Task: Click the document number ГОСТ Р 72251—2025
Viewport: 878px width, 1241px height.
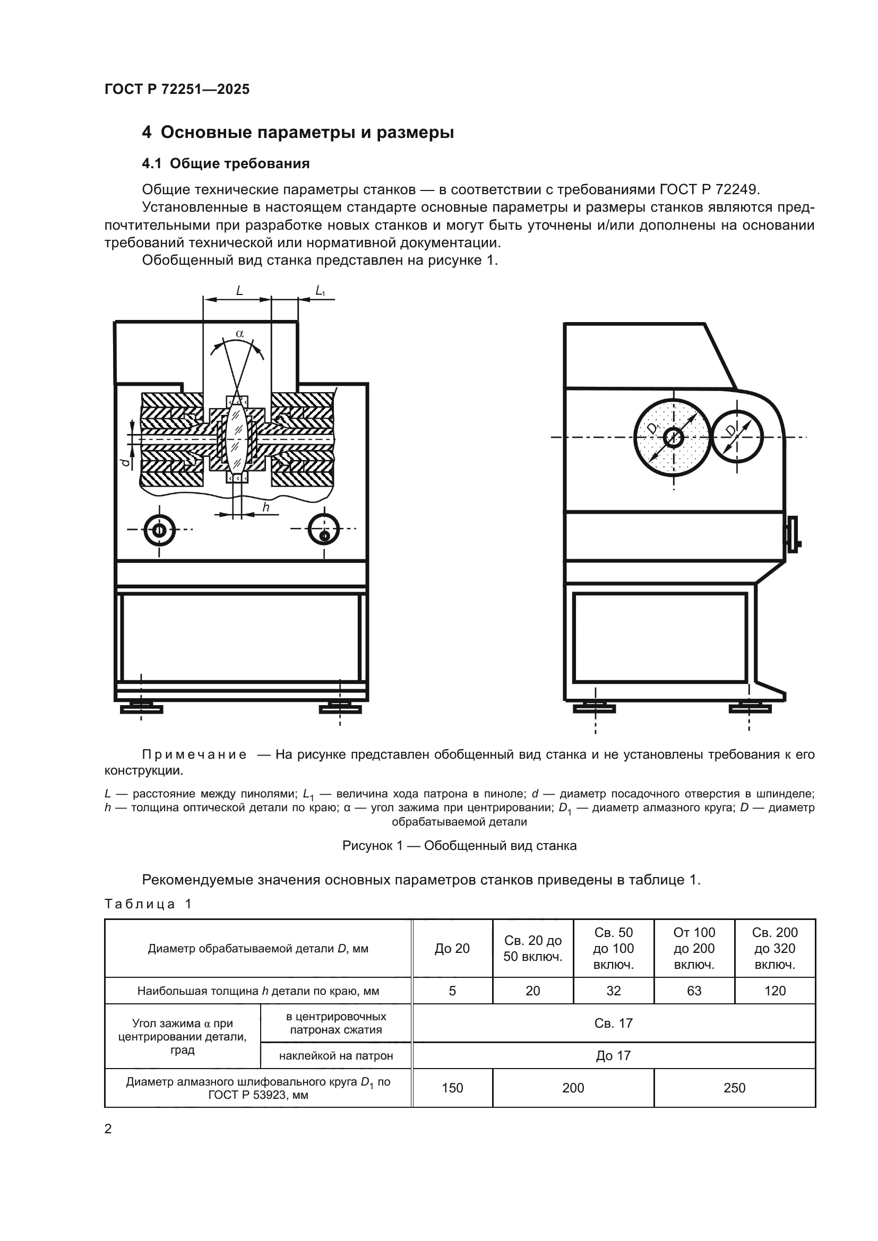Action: tap(177, 89)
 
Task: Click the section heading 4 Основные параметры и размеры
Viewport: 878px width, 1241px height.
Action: tap(298, 133)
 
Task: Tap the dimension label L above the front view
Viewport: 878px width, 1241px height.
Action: tap(239, 291)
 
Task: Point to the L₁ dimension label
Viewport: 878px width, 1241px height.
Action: tap(320, 291)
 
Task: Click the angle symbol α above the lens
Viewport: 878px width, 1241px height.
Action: tap(240, 334)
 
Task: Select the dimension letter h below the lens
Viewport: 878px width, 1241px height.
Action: tap(265, 507)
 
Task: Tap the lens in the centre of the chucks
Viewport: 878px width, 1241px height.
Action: tap(237, 438)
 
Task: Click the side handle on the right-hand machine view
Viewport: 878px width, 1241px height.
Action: tap(793, 534)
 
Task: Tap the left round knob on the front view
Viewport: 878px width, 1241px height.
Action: tap(159, 530)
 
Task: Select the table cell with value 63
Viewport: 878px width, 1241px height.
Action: tap(694, 991)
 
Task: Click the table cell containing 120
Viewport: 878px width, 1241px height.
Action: tap(774, 991)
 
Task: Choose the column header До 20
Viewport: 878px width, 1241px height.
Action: tap(452, 949)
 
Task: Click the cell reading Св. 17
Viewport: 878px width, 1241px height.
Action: tap(613, 1023)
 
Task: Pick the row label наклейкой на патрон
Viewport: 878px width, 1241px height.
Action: tap(335, 1056)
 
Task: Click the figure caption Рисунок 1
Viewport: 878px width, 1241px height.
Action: tap(459, 846)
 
